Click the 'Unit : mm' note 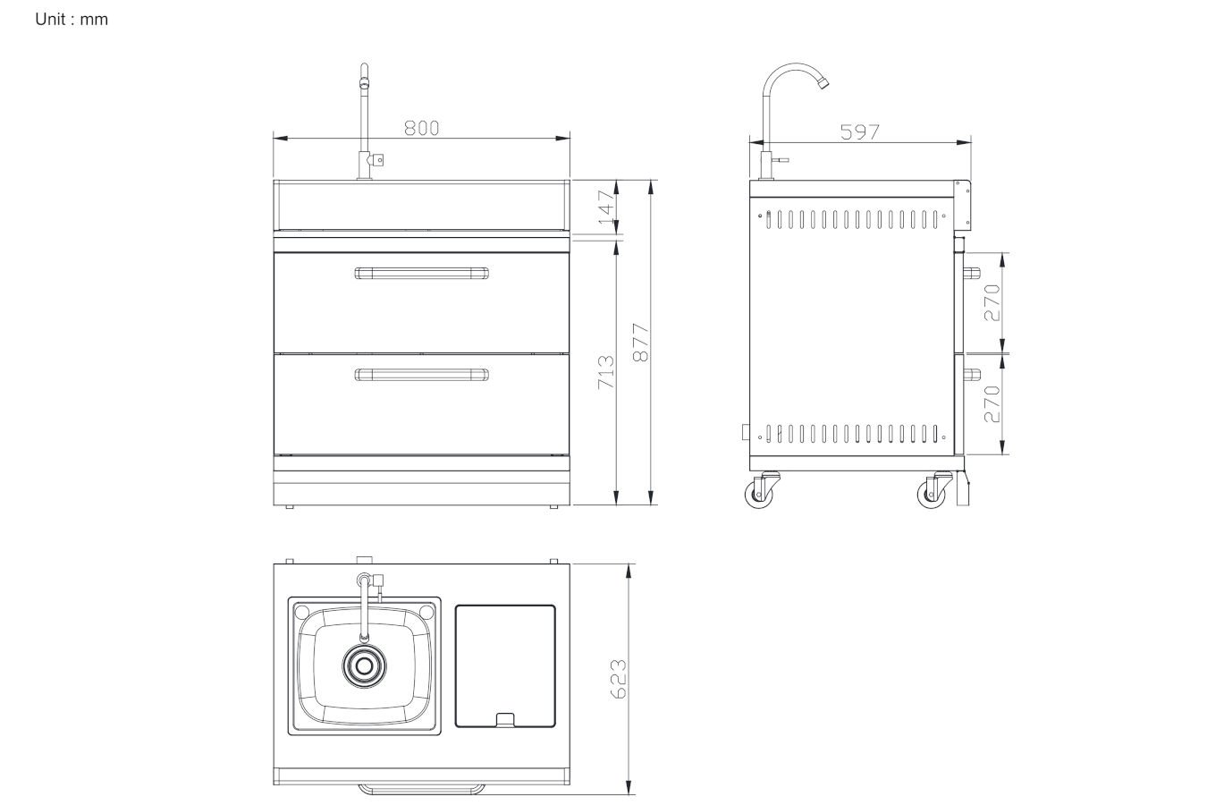72,20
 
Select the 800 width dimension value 422,128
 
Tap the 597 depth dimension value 860,132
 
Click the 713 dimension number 605,372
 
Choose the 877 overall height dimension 641,343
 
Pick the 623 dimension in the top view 619,680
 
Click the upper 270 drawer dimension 992,303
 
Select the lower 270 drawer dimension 992,404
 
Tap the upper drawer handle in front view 421,273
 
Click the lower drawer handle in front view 421,374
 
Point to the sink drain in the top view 364,665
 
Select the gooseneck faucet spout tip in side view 823,83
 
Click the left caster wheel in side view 759,494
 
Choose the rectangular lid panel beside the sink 505,665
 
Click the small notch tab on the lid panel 505,720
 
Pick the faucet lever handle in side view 781,160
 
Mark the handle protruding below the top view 421,790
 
